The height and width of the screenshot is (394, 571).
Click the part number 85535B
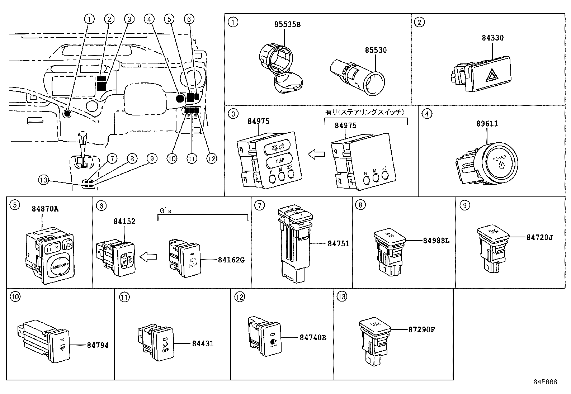click(287, 24)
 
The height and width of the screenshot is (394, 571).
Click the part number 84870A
click(45, 209)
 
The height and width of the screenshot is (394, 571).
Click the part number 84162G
click(231, 260)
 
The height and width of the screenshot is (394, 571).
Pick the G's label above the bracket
click(165, 211)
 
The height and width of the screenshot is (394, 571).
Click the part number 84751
click(338, 243)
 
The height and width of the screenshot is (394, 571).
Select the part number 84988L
click(436, 241)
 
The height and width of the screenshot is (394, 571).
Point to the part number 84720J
click(539, 237)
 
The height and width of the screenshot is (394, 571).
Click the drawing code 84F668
click(545, 382)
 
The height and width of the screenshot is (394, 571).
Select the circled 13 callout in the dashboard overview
click(43, 180)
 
